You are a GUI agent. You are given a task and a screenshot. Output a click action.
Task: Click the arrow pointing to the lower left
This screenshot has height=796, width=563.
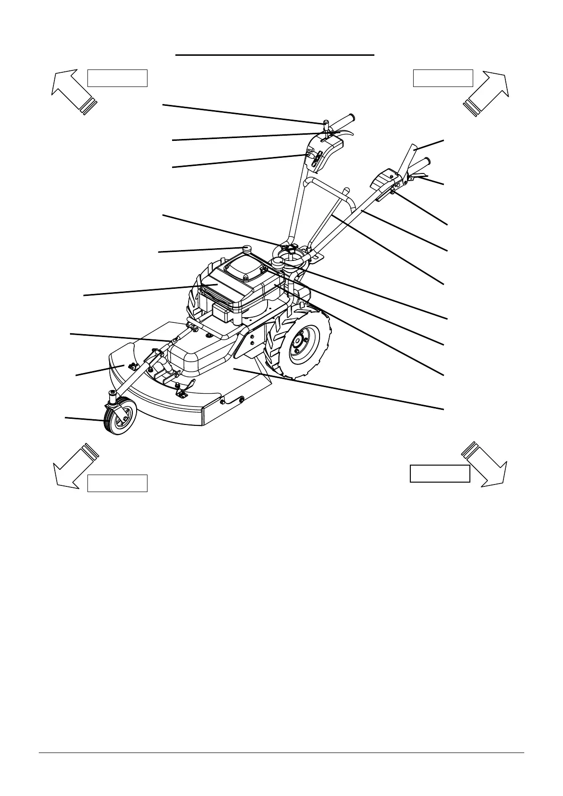tap(73, 465)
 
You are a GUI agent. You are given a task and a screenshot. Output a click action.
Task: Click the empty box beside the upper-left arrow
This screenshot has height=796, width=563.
tap(117, 78)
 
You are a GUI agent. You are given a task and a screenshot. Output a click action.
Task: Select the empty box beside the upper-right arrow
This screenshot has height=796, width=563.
tap(443, 78)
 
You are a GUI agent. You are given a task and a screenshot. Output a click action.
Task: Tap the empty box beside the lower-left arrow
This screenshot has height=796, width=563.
tap(117, 483)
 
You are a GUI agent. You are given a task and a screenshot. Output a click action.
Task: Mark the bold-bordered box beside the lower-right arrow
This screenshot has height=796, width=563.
tap(440, 473)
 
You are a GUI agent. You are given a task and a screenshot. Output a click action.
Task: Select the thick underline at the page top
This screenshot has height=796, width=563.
tap(275, 55)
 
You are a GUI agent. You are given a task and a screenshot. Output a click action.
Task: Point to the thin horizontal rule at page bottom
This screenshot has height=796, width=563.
tap(281, 753)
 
